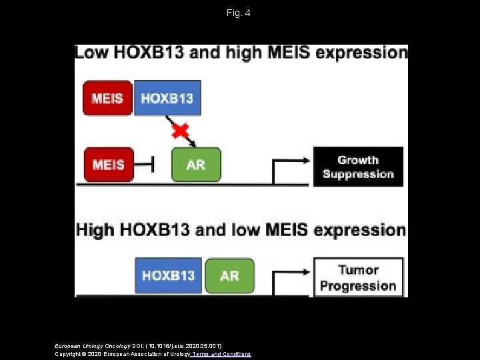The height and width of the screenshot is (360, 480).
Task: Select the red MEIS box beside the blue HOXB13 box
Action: tap(107, 98)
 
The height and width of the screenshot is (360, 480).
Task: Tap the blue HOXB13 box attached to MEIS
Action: tap(167, 98)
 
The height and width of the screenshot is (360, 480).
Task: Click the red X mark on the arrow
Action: tap(180, 130)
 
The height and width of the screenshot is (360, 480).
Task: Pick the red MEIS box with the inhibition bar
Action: tap(108, 164)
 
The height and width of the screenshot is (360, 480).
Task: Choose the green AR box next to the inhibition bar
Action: tap(196, 164)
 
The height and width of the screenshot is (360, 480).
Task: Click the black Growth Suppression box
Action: tap(358, 167)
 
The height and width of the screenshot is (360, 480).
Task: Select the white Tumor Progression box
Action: tap(358, 277)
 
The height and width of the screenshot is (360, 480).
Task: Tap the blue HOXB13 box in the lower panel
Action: tap(169, 275)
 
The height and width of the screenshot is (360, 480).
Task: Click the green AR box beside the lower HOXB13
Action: tap(229, 275)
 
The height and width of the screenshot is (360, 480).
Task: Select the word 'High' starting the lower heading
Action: tap(95, 231)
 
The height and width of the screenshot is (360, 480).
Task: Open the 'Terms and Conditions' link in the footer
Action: tap(221, 353)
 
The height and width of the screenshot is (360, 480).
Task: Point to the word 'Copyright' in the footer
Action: tap(68, 353)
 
